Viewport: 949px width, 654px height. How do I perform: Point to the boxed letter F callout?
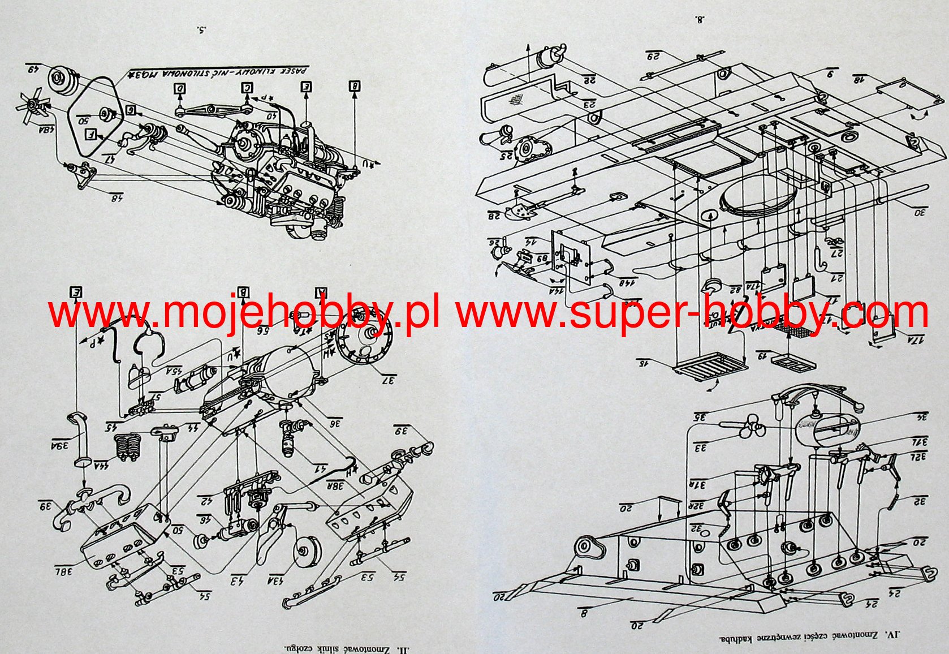click(x=90, y=135)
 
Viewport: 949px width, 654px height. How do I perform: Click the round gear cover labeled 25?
click(x=527, y=148)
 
